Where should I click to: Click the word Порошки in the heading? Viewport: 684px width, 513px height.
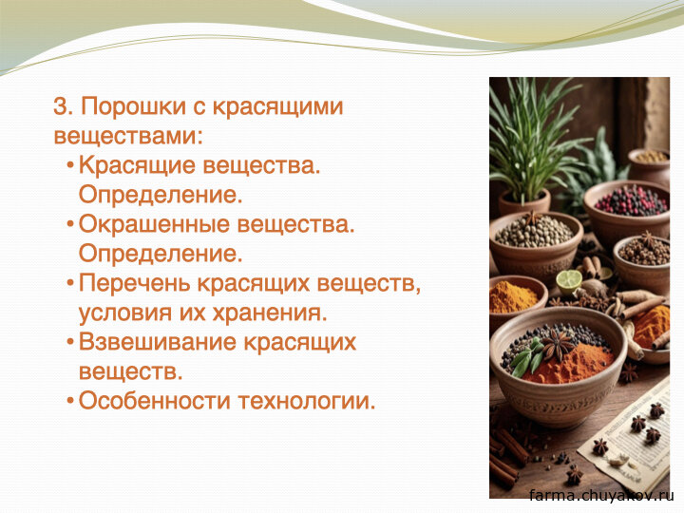click(x=134, y=106)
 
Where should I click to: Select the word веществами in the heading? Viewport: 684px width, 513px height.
click(x=128, y=135)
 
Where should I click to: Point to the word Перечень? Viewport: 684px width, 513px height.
click(x=135, y=283)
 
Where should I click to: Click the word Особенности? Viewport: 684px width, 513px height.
click(x=155, y=401)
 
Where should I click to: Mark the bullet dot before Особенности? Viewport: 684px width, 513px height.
click(x=69, y=400)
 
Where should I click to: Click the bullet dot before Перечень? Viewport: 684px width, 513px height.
click(x=69, y=283)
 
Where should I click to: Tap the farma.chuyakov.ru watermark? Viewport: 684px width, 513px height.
click(x=601, y=496)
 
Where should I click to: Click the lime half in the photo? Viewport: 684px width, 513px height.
click(x=569, y=280)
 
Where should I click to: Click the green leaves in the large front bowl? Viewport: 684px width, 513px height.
click(x=526, y=355)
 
